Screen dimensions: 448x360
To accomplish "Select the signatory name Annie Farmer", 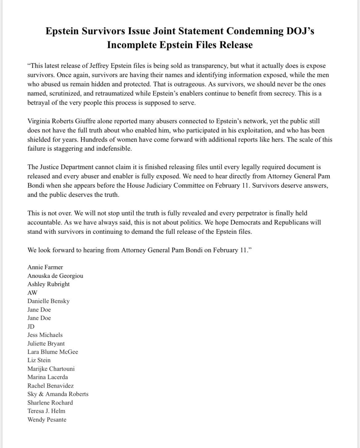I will click(x=45, y=267).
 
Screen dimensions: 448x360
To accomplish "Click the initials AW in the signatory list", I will click(x=32, y=293).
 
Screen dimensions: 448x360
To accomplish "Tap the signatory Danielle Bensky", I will click(x=48, y=301).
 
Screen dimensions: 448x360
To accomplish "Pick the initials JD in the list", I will click(x=31, y=327).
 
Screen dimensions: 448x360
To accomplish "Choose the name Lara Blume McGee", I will click(x=53, y=352).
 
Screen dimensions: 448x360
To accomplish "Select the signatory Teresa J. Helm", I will click(x=46, y=411).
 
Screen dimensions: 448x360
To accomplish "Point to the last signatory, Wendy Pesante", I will click(x=47, y=420).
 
